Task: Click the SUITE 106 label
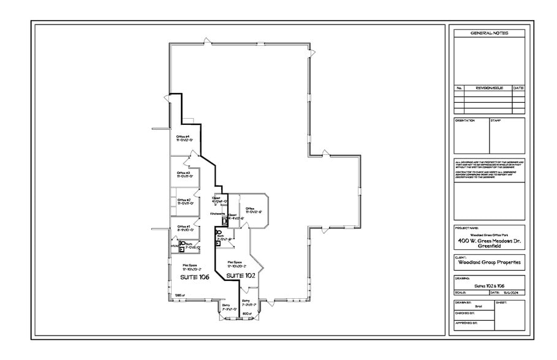(x=194, y=277)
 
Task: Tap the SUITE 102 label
(x=240, y=276)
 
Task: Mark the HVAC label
(x=175, y=247)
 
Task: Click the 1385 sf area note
(x=180, y=295)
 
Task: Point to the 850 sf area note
(x=248, y=314)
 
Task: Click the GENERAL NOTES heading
(x=489, y=33)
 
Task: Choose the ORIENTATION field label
(x=465, y=121)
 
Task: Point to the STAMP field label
(x=496, y=121)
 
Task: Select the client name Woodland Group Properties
(x=489, y=263)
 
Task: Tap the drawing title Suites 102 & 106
(x=488, y=286)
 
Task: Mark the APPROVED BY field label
(x=466, y=321)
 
